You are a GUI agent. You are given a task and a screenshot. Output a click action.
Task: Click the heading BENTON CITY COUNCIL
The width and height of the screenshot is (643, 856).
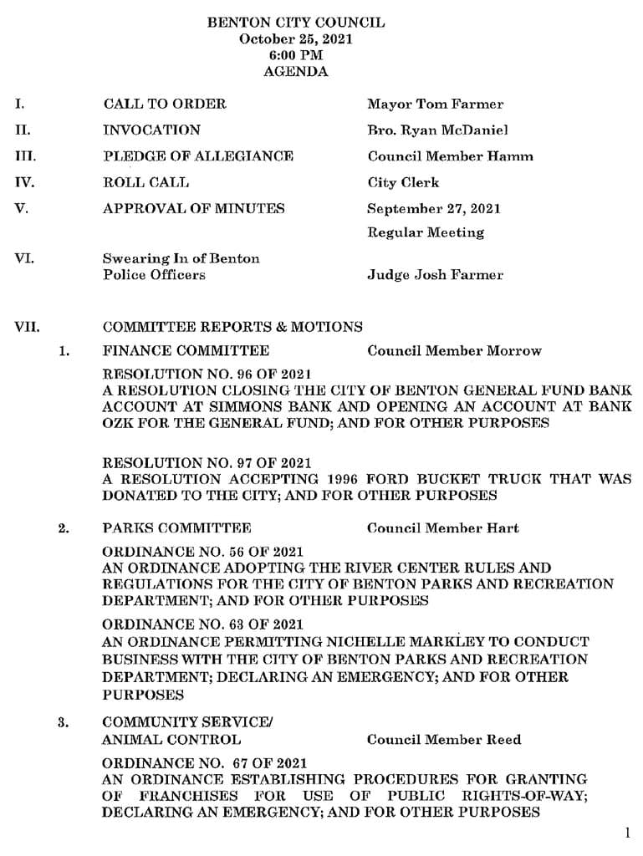click(296, 23)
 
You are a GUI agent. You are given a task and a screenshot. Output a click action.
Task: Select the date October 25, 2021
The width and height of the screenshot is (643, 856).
click(296, 39)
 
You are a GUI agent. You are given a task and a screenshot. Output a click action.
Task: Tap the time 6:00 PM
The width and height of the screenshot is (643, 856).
click(296, 55)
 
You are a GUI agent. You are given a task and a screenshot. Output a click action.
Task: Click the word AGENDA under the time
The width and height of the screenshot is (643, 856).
click(296, 72)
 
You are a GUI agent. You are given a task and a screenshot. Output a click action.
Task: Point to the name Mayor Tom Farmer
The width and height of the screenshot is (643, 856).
click(435, 104)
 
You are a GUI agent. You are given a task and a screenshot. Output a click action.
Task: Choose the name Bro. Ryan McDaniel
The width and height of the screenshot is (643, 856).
click(436, 130)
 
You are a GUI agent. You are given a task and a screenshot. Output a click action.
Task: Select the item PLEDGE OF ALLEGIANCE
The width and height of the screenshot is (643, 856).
click(197, 156)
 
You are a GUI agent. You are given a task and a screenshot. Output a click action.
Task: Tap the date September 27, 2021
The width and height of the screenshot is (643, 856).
click(433, 208)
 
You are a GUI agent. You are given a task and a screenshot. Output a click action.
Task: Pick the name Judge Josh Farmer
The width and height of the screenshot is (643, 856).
click(435, 275)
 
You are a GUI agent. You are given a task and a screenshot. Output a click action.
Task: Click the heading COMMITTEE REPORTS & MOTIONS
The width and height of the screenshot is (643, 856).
click(232, 327)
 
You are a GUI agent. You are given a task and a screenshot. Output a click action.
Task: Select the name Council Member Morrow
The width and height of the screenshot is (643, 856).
click(454, 351)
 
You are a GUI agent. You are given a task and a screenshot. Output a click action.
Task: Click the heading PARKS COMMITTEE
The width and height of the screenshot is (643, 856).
click(176, 528)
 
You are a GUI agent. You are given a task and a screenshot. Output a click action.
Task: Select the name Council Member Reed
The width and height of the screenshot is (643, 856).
click(443, 740)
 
